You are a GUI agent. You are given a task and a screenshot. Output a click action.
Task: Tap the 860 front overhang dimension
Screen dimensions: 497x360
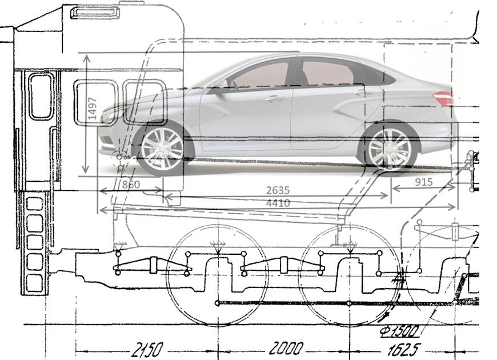click(x=131, y=184)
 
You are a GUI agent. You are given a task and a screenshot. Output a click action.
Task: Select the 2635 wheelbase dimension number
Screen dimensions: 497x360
click(x=278, y=190)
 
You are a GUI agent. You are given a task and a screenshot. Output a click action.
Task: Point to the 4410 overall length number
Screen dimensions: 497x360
click(x=278, y=203)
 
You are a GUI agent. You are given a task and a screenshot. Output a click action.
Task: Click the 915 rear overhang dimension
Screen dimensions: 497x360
click(x=423, y=182)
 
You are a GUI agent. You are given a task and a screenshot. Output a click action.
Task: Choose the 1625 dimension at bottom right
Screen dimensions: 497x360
click(x=404, y=348)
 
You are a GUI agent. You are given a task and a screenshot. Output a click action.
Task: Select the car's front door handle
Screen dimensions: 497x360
click(x=275, y=98)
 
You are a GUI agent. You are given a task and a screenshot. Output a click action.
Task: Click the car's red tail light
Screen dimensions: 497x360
click(x=443, y=98)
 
